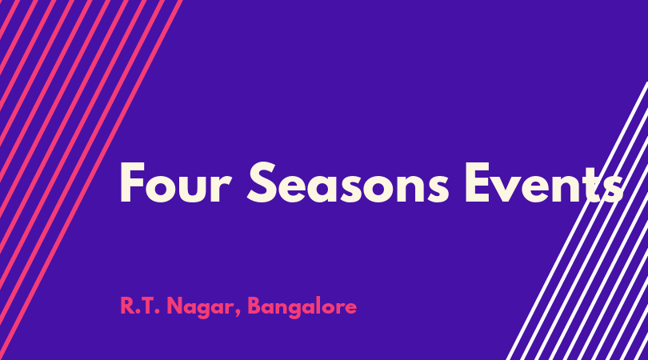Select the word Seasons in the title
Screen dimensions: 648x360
(x=348, y=182)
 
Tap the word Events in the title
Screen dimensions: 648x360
(x=544, y=183)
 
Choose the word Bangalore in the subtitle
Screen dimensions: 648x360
(x=302, y=307)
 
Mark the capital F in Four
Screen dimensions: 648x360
(x=132, y=182)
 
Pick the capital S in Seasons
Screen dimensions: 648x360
(x=261, y=182)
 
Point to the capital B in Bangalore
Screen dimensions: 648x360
(x=254, y=306)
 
